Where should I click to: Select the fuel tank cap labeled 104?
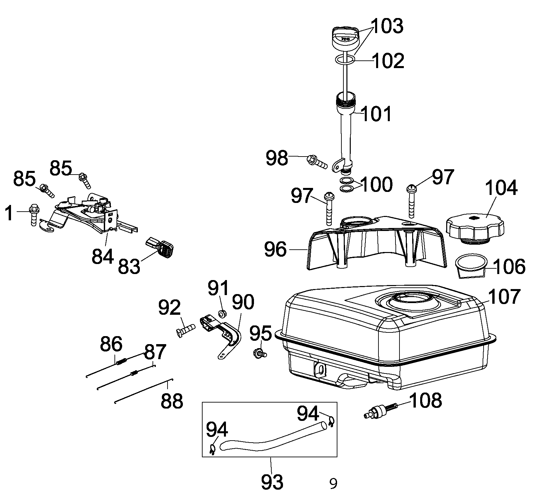coord(475,228)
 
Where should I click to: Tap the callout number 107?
coord(504,297)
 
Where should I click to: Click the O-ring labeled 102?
coord(344,60)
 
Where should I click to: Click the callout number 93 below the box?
coord(272,481)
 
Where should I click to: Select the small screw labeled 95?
coord(260,353)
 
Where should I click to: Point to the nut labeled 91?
coord(222,314)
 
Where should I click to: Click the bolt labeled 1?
coord(34,214)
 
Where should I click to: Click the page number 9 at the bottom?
coord(333,483)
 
